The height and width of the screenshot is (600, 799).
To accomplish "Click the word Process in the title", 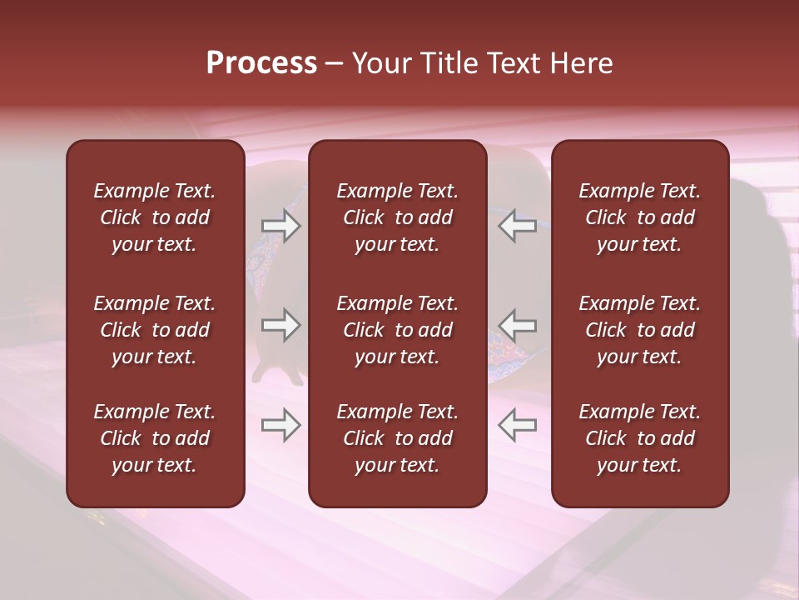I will coord(261,63).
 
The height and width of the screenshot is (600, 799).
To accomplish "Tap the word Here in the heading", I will coord(582,63).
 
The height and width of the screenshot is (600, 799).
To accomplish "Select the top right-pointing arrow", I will coord(280,226).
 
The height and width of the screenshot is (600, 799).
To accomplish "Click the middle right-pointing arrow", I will coord(280,325).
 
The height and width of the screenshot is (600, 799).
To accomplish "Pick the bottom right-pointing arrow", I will coord(280,425).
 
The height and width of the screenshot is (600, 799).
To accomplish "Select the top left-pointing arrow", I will coord(517,226).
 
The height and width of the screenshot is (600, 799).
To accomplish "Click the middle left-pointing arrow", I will coord(517,325).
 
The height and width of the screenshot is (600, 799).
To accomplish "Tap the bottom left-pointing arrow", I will coord(517,425).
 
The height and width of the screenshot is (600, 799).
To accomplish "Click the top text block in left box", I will coord(155,217).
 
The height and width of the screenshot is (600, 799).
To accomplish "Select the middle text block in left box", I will coord(155,330).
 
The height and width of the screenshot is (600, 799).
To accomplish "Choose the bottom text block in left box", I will coord(155,438).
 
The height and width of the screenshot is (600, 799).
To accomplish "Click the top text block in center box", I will coord(398,217).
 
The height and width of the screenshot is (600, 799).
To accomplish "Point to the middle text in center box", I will coord(398,330).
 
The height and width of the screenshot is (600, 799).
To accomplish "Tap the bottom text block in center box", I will coord(398,438).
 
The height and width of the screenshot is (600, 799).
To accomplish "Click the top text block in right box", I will coord(640,217).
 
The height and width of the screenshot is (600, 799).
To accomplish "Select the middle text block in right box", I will coord(640,330).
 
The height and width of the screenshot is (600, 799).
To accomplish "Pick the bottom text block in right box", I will coord(640,438).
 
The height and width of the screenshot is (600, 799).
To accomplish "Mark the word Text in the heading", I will coord(515,63).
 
